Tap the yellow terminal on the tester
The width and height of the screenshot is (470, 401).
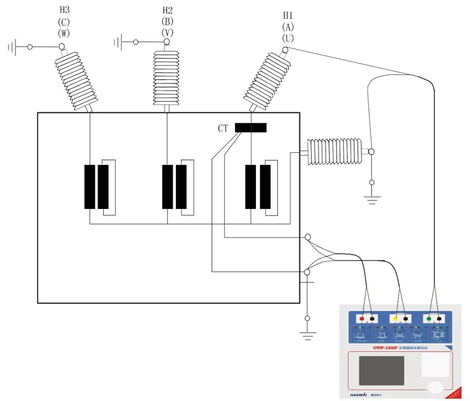tap(396, 319)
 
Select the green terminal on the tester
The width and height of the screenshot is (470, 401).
tap(429, 319)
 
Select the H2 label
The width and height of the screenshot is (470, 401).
tap(167, 10)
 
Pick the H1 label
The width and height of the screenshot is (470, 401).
tap(288, 16)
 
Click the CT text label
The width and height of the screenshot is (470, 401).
tap(223, 128)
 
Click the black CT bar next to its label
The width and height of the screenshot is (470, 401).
tap(251, 128)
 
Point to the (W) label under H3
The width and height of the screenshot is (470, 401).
tap(64, 32)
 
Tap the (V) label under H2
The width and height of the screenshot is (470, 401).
tap(167, 32)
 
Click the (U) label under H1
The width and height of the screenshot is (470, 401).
tap(288, 38)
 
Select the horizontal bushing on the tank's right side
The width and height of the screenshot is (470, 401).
tap(334, 152)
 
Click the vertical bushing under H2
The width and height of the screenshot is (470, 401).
tap(167, 78)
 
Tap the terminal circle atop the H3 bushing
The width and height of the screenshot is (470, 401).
tap(62, 46)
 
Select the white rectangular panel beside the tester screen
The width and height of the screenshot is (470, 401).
tap(435, 364)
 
